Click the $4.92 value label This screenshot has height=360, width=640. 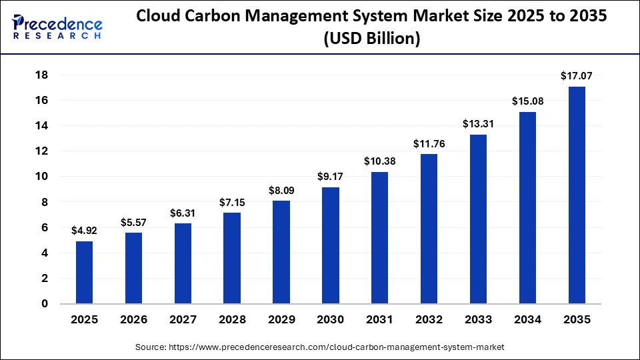tap(84, 230)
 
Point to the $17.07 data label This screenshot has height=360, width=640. tap(577, 76)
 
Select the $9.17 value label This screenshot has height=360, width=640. tap(330, 177)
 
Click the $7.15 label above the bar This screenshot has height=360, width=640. tap(232, 202)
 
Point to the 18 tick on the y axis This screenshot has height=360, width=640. tap(41, 75)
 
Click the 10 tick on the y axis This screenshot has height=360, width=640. tap(41, 177)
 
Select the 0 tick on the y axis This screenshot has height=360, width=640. tap(45, 304)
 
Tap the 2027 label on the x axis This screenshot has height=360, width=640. tap(183, 320)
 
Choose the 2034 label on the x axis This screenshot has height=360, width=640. tap(527, 320)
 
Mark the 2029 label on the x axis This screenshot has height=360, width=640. tap(281, 320)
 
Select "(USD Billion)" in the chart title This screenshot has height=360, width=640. tap(371, 39)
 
